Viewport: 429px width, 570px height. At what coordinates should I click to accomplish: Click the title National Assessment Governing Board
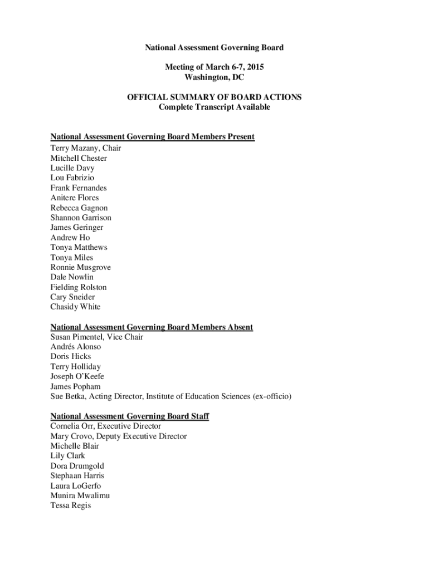click(x=214, y=47)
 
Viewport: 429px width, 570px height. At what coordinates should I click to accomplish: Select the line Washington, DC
click(x=214, y=77)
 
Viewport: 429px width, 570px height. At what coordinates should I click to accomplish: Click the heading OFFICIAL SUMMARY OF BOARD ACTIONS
click(x=214, y=97)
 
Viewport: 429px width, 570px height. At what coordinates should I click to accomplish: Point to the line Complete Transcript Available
click(x=214, y=107)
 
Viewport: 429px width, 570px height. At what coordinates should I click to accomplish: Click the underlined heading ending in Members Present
click(x=152, y=137)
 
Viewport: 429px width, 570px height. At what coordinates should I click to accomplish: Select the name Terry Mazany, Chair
click(x=85, y=148)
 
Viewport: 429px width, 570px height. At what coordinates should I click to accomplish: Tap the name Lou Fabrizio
click(x=72, y=178)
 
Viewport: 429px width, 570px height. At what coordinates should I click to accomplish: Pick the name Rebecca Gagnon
click(x=79, y=208)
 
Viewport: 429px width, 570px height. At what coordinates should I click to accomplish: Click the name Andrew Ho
click(x=70, y=238)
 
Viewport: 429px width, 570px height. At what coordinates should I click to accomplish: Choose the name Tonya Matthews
click(x=79, y=247)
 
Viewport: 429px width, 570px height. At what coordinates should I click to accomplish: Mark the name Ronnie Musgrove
click(x=80, y=267)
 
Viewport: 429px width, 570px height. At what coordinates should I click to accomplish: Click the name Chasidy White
click(x=75, y=307)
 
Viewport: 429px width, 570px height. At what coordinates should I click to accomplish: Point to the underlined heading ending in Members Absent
click(x=152, y=327)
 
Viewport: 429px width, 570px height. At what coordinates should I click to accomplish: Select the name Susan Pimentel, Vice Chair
click(x=96, y=337)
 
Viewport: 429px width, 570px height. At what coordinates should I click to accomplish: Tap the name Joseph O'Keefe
click(x=77, y=376)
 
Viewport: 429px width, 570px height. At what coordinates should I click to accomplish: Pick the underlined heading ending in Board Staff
click(x=129, y=416)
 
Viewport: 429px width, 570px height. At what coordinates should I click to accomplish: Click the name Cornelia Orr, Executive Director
click(x=105, y=426)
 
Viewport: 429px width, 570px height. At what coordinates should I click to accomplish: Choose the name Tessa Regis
click(x=70, y=505)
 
